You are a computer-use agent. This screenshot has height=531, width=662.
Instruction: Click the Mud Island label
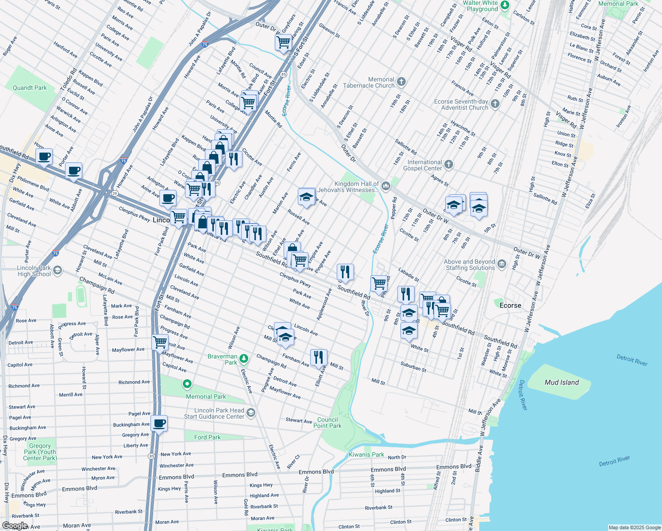point(562,382)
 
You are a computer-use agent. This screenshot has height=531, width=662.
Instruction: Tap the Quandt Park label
point(30,88)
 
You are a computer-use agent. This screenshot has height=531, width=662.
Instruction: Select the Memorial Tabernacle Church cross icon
point(401,82)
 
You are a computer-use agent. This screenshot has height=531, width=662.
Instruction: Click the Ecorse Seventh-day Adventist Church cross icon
point(495,104)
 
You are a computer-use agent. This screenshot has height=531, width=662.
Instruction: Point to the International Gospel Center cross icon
point(449,165)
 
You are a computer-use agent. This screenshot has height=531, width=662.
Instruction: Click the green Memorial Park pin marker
point(187,384)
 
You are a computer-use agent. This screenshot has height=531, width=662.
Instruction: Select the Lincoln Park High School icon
point(58,270)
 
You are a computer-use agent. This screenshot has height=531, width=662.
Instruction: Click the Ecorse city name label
point(510,305)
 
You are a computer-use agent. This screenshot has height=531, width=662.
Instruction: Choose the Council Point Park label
point(327,423)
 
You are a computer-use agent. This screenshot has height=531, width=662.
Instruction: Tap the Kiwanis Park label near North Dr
point(366,454)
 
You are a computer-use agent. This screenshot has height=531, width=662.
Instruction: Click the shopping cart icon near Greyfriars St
point(283,42)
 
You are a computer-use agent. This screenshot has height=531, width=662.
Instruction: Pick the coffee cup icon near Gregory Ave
point(159,423)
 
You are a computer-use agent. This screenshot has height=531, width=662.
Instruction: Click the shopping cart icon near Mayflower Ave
point(160,342)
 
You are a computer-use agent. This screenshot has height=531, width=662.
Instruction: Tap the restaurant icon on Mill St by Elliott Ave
point(319,357)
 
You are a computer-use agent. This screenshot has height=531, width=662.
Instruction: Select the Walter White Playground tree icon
point(505,5)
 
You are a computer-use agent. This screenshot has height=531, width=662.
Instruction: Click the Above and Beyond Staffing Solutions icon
point(501,265)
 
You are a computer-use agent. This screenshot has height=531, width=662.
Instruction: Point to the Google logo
point(15,526)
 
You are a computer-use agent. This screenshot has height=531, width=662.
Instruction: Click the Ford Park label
point(208,437)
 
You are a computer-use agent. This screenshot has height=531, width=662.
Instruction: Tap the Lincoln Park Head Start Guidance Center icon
point(251,413)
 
